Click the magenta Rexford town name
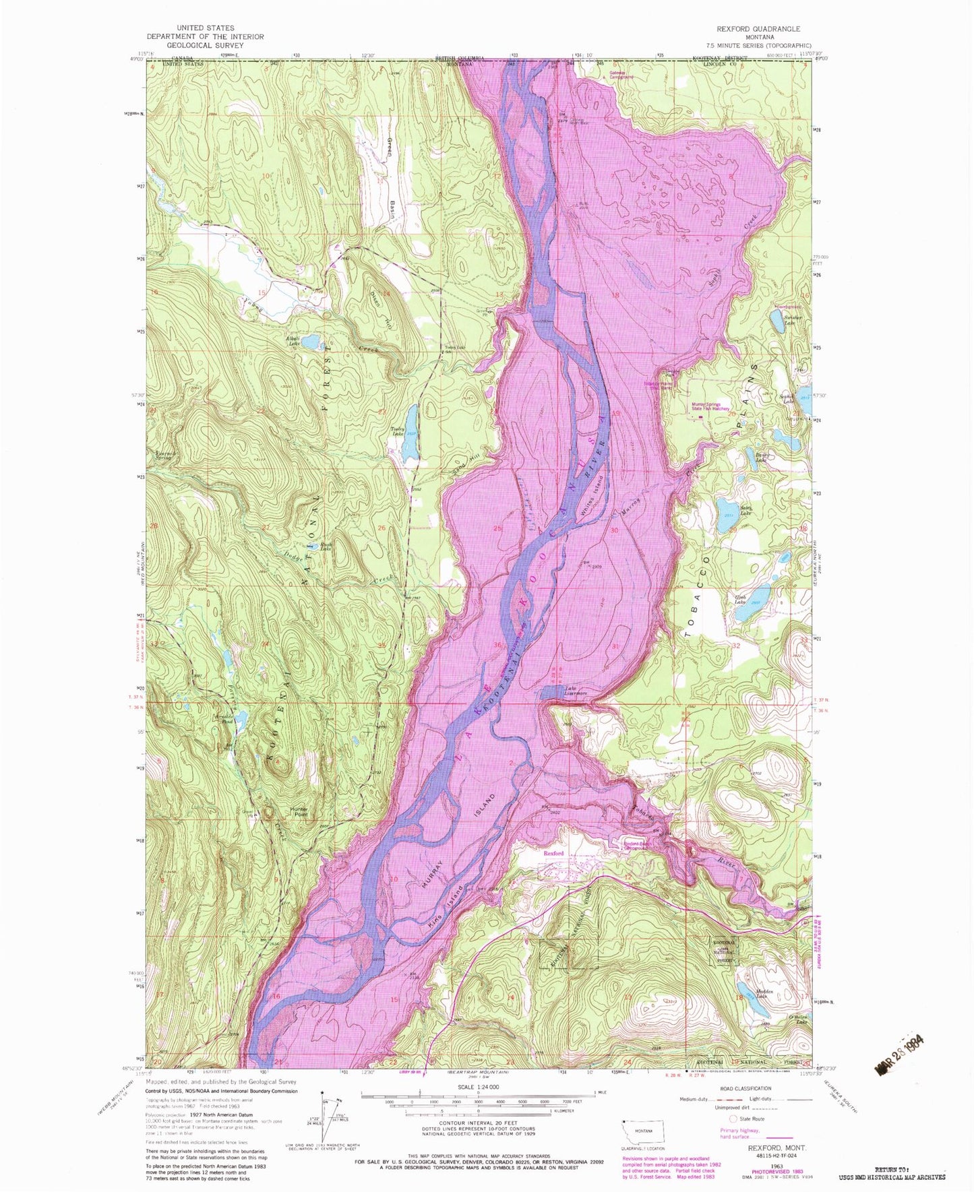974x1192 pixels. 553,853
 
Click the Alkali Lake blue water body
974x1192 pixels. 311,342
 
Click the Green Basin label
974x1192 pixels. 391,172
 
